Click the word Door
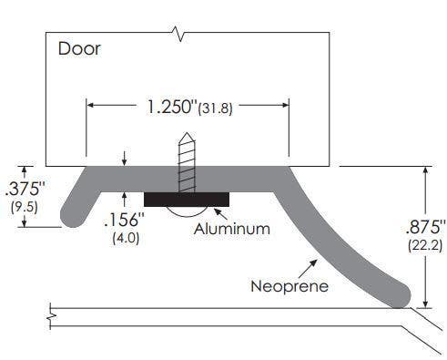[79, 48]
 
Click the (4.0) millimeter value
[125, 238]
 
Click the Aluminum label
[231, 229]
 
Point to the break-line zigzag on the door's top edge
[183, 36]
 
